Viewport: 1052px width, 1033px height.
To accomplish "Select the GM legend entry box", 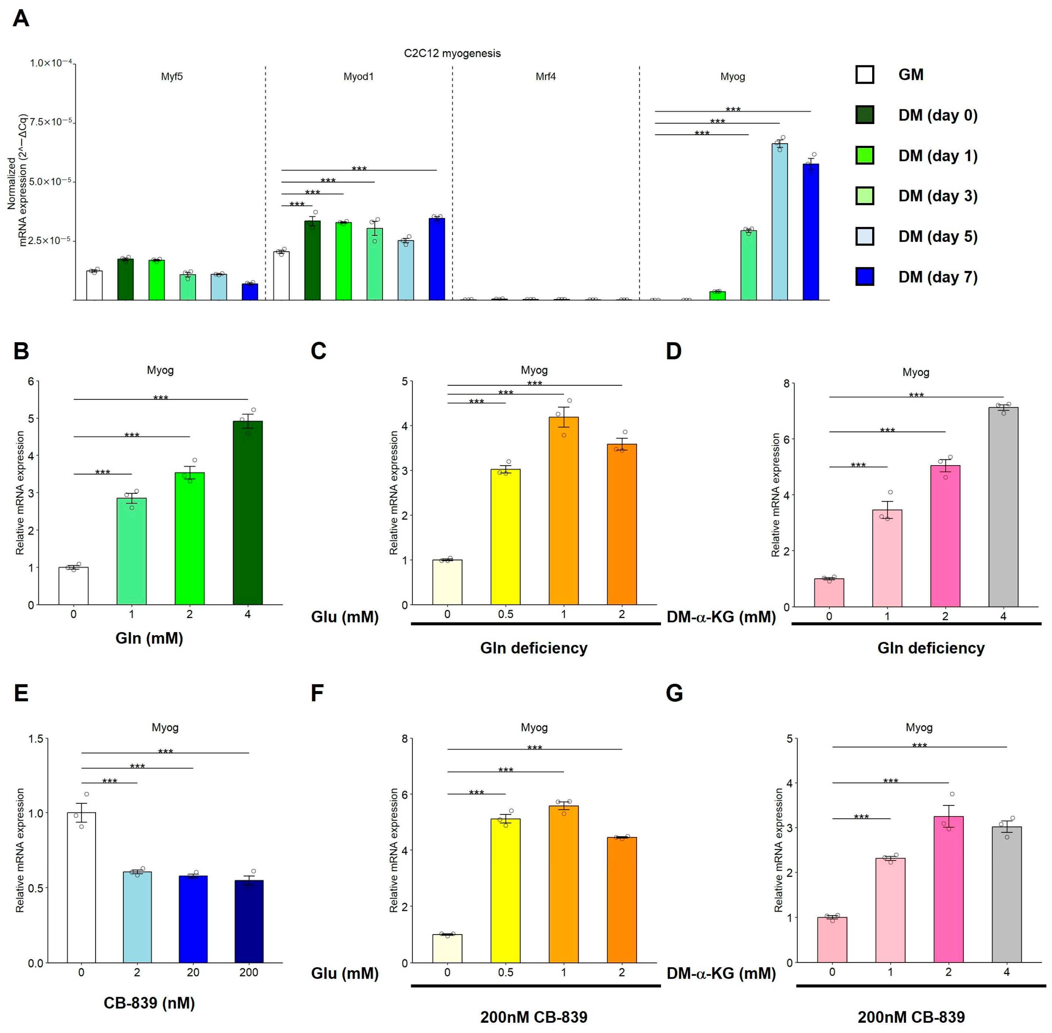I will click(x=864, y=74).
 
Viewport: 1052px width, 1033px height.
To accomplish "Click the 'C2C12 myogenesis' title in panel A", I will click(x=452, y=53).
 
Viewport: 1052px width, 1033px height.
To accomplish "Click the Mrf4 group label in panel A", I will click(x=545, y=76).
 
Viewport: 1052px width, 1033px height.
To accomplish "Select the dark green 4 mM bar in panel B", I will click(x=247, y=513).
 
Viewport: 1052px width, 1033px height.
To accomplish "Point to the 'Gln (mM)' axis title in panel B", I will click(x=149, y=638).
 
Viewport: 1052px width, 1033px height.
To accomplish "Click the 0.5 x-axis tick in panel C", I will click(x=505, y=614).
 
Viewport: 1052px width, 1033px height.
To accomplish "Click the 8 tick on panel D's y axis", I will click(x=786, y=384).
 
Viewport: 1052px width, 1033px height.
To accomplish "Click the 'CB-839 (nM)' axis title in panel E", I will click(x=149, y=1003).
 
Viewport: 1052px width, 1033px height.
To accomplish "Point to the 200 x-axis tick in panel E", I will click(x=249, y=972).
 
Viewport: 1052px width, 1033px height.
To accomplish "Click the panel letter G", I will click(x=674, y=693).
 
